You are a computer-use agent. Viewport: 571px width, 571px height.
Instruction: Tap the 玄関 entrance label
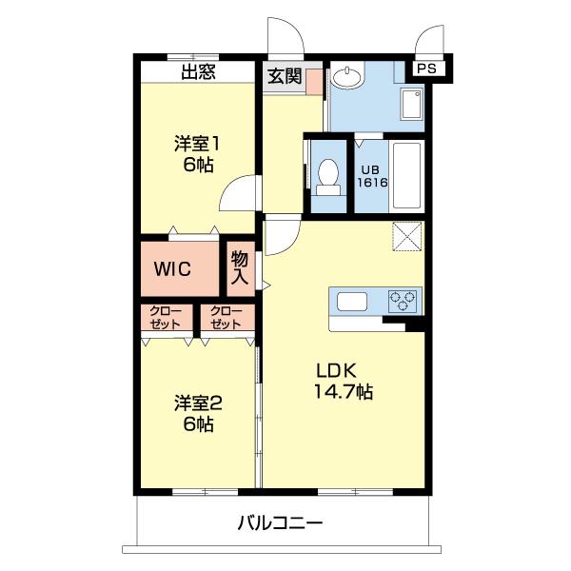coord(285,76)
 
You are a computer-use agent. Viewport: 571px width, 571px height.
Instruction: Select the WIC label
coord(172,269)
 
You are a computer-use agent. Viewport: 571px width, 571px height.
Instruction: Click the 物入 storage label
coord(240,267)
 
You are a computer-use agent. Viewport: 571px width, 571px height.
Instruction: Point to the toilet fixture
coord(328,177)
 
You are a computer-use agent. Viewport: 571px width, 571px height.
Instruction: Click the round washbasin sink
coord(346,75)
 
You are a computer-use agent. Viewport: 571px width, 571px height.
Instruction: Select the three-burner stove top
coord(403,301)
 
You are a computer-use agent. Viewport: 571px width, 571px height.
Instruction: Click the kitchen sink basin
coord(352,302)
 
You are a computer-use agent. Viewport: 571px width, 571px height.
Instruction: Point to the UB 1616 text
coord(372,176)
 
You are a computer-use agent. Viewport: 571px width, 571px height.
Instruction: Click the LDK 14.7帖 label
coord(343,382)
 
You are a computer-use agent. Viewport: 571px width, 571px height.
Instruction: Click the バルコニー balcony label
coord(280,523)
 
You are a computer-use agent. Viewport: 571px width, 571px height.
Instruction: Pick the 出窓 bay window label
coord(199,71)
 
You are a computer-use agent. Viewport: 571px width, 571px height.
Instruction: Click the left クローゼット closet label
coord(166,318)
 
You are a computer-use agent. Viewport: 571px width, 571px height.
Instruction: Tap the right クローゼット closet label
coord(226,318)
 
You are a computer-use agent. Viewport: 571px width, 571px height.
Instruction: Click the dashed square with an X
coord(406,236)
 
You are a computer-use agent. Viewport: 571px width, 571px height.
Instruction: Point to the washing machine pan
coord(412,104)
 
